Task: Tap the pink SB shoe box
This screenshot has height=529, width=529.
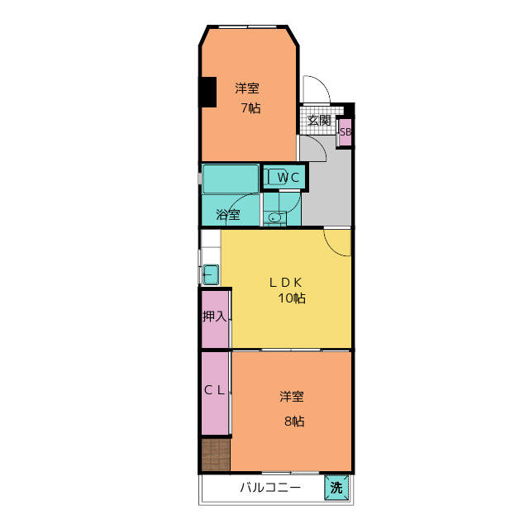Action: point(346,132)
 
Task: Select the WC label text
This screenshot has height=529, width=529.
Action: point(287,177)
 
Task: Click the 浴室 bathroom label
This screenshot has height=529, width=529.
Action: point(228,215)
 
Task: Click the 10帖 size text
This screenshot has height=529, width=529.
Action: point(292,298)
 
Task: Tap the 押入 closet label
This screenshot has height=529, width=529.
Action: point(215,317)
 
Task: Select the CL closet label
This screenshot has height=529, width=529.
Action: point(215,392)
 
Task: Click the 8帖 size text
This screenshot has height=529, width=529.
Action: point(294,422)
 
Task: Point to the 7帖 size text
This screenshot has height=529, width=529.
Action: point(250,107)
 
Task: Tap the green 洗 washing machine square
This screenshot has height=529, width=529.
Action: point(336,488)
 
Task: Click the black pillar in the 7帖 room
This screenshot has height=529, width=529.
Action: point(207,91)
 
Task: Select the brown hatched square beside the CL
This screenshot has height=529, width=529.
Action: point(215,455)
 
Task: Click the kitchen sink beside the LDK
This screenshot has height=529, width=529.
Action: point(210,273)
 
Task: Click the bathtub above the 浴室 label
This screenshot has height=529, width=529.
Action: point(231,179)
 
